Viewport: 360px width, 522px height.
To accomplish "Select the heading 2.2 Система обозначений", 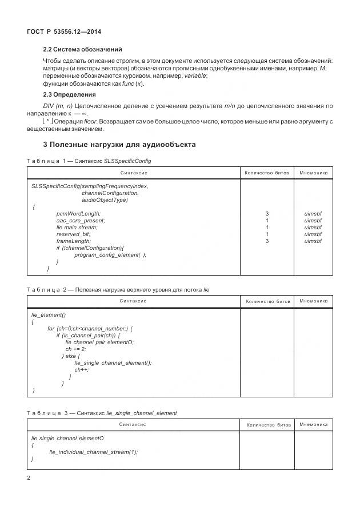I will [x=82, y=50].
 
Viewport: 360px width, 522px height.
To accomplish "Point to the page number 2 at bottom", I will [x=29, y=477].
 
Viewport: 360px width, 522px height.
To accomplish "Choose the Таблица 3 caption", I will [x=102, y=413].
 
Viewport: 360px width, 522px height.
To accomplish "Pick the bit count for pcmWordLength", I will [x=267, y=213].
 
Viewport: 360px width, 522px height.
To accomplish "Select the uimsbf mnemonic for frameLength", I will [x=313, y=241].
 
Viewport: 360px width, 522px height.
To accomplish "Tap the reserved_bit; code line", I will [x=73, y=234].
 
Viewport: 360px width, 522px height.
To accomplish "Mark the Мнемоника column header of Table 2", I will [x=313, y=301].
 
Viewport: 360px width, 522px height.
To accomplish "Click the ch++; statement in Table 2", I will [x=82, y=369].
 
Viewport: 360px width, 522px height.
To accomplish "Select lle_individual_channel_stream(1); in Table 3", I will [x=94, y=452].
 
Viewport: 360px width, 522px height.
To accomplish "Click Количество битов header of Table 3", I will [x=268, y=425].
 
